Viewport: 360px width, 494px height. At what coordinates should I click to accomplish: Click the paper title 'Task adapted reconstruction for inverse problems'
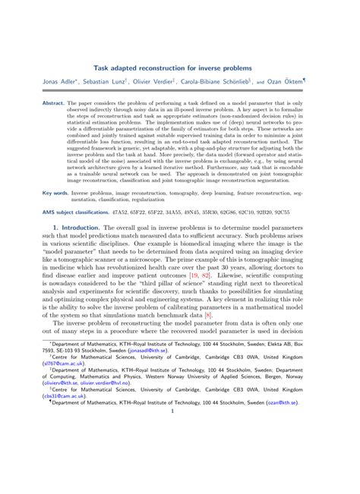pos(179,68)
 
